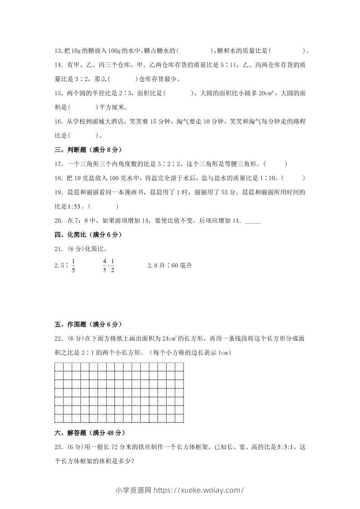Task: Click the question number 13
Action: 58,51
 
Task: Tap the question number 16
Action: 58,122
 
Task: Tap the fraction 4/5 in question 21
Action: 104,265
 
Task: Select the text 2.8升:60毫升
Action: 170,265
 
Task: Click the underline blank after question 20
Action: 253,221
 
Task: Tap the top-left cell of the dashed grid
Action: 59,367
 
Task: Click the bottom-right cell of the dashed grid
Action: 179,418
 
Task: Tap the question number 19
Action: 58,192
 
